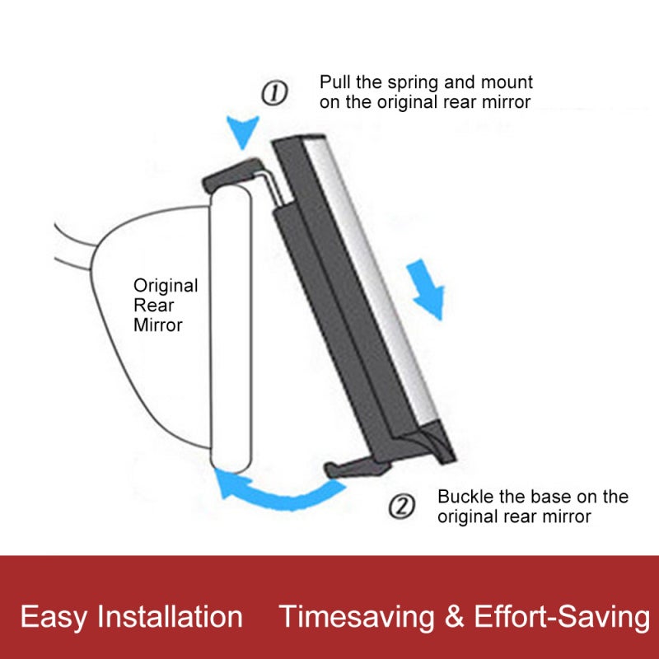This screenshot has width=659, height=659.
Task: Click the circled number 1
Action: point(275,93)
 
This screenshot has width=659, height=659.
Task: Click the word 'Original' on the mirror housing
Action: point(166,287)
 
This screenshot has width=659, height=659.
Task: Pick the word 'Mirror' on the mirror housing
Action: point(158,325)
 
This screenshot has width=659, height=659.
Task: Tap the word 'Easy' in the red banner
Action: point(54,617)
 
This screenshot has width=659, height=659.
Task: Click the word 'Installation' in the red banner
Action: point(171,616)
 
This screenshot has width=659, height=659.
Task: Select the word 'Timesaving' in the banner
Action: point(357,617)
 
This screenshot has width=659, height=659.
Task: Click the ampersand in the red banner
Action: point(455,617)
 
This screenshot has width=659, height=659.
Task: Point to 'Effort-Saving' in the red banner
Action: point(562,617)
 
